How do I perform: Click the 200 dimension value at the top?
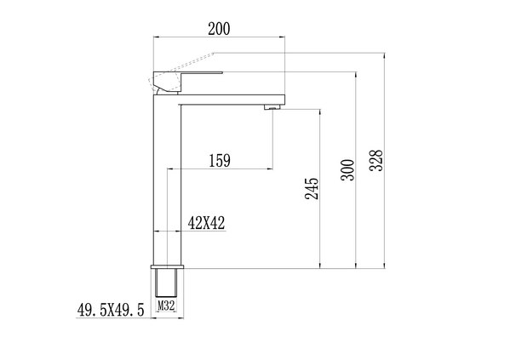click(219, 28)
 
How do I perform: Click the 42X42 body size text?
click(206, 223)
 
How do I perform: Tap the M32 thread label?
click(166, 302)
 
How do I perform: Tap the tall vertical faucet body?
click(168, 179)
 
